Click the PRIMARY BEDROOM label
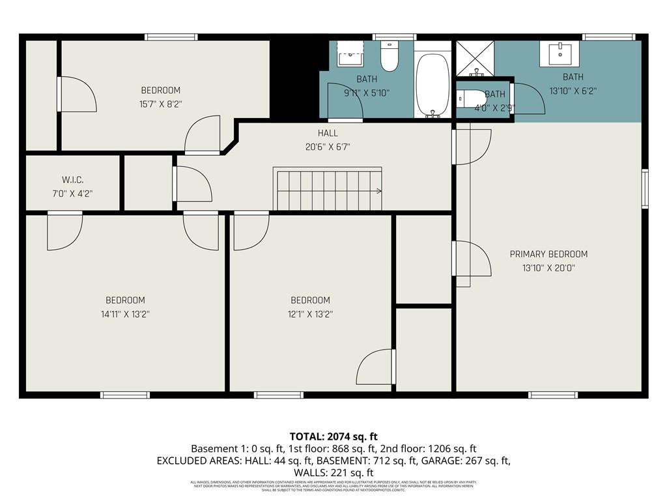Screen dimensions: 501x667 (548, 254)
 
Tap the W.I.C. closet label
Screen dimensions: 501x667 (72, 179)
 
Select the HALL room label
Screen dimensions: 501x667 (328, 133)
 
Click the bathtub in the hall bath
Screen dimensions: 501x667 (433, 85)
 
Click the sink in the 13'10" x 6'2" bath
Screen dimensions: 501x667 (560, 54)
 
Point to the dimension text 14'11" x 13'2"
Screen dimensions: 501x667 (125, 314)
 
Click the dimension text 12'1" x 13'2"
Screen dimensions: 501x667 (310, 314)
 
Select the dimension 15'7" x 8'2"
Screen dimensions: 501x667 (160, 103)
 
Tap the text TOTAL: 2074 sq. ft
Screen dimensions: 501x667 (333, 436)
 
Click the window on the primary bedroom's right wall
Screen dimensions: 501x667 (645, 189)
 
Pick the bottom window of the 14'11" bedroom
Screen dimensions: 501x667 (124, 395)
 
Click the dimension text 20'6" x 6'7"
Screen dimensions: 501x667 (328, 147)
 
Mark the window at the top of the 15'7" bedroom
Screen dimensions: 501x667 (171, 37)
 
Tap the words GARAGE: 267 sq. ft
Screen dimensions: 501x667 (463, 461)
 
